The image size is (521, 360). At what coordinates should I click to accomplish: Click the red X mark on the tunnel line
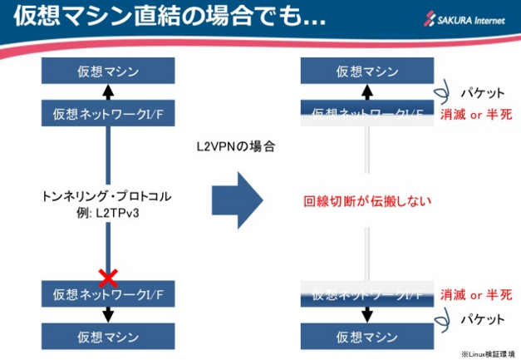pos(107,276)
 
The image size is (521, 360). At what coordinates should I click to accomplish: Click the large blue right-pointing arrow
pos(237,200)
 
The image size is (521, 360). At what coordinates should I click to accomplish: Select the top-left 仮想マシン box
pos(108,71)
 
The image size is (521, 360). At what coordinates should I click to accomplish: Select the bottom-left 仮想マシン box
pos(108,337)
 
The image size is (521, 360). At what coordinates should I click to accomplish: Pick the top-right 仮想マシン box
pos(367,71)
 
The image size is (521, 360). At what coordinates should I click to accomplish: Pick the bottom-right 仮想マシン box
pos(367,337)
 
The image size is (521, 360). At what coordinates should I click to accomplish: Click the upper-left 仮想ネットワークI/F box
pos(108,113)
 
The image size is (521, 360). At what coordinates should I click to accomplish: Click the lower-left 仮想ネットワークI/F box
pos(108,294)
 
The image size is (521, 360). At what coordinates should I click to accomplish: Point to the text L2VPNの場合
pos(235,146)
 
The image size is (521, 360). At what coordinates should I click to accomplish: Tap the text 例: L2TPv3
pos(106,213)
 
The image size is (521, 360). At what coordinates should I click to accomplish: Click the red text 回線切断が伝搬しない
pos(366,200)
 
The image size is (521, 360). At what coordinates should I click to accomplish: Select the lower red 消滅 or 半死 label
pos(476,294)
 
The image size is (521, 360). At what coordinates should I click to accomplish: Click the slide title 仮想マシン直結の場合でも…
pos(166,17)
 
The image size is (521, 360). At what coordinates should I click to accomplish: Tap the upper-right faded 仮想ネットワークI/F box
pos(367,113)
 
